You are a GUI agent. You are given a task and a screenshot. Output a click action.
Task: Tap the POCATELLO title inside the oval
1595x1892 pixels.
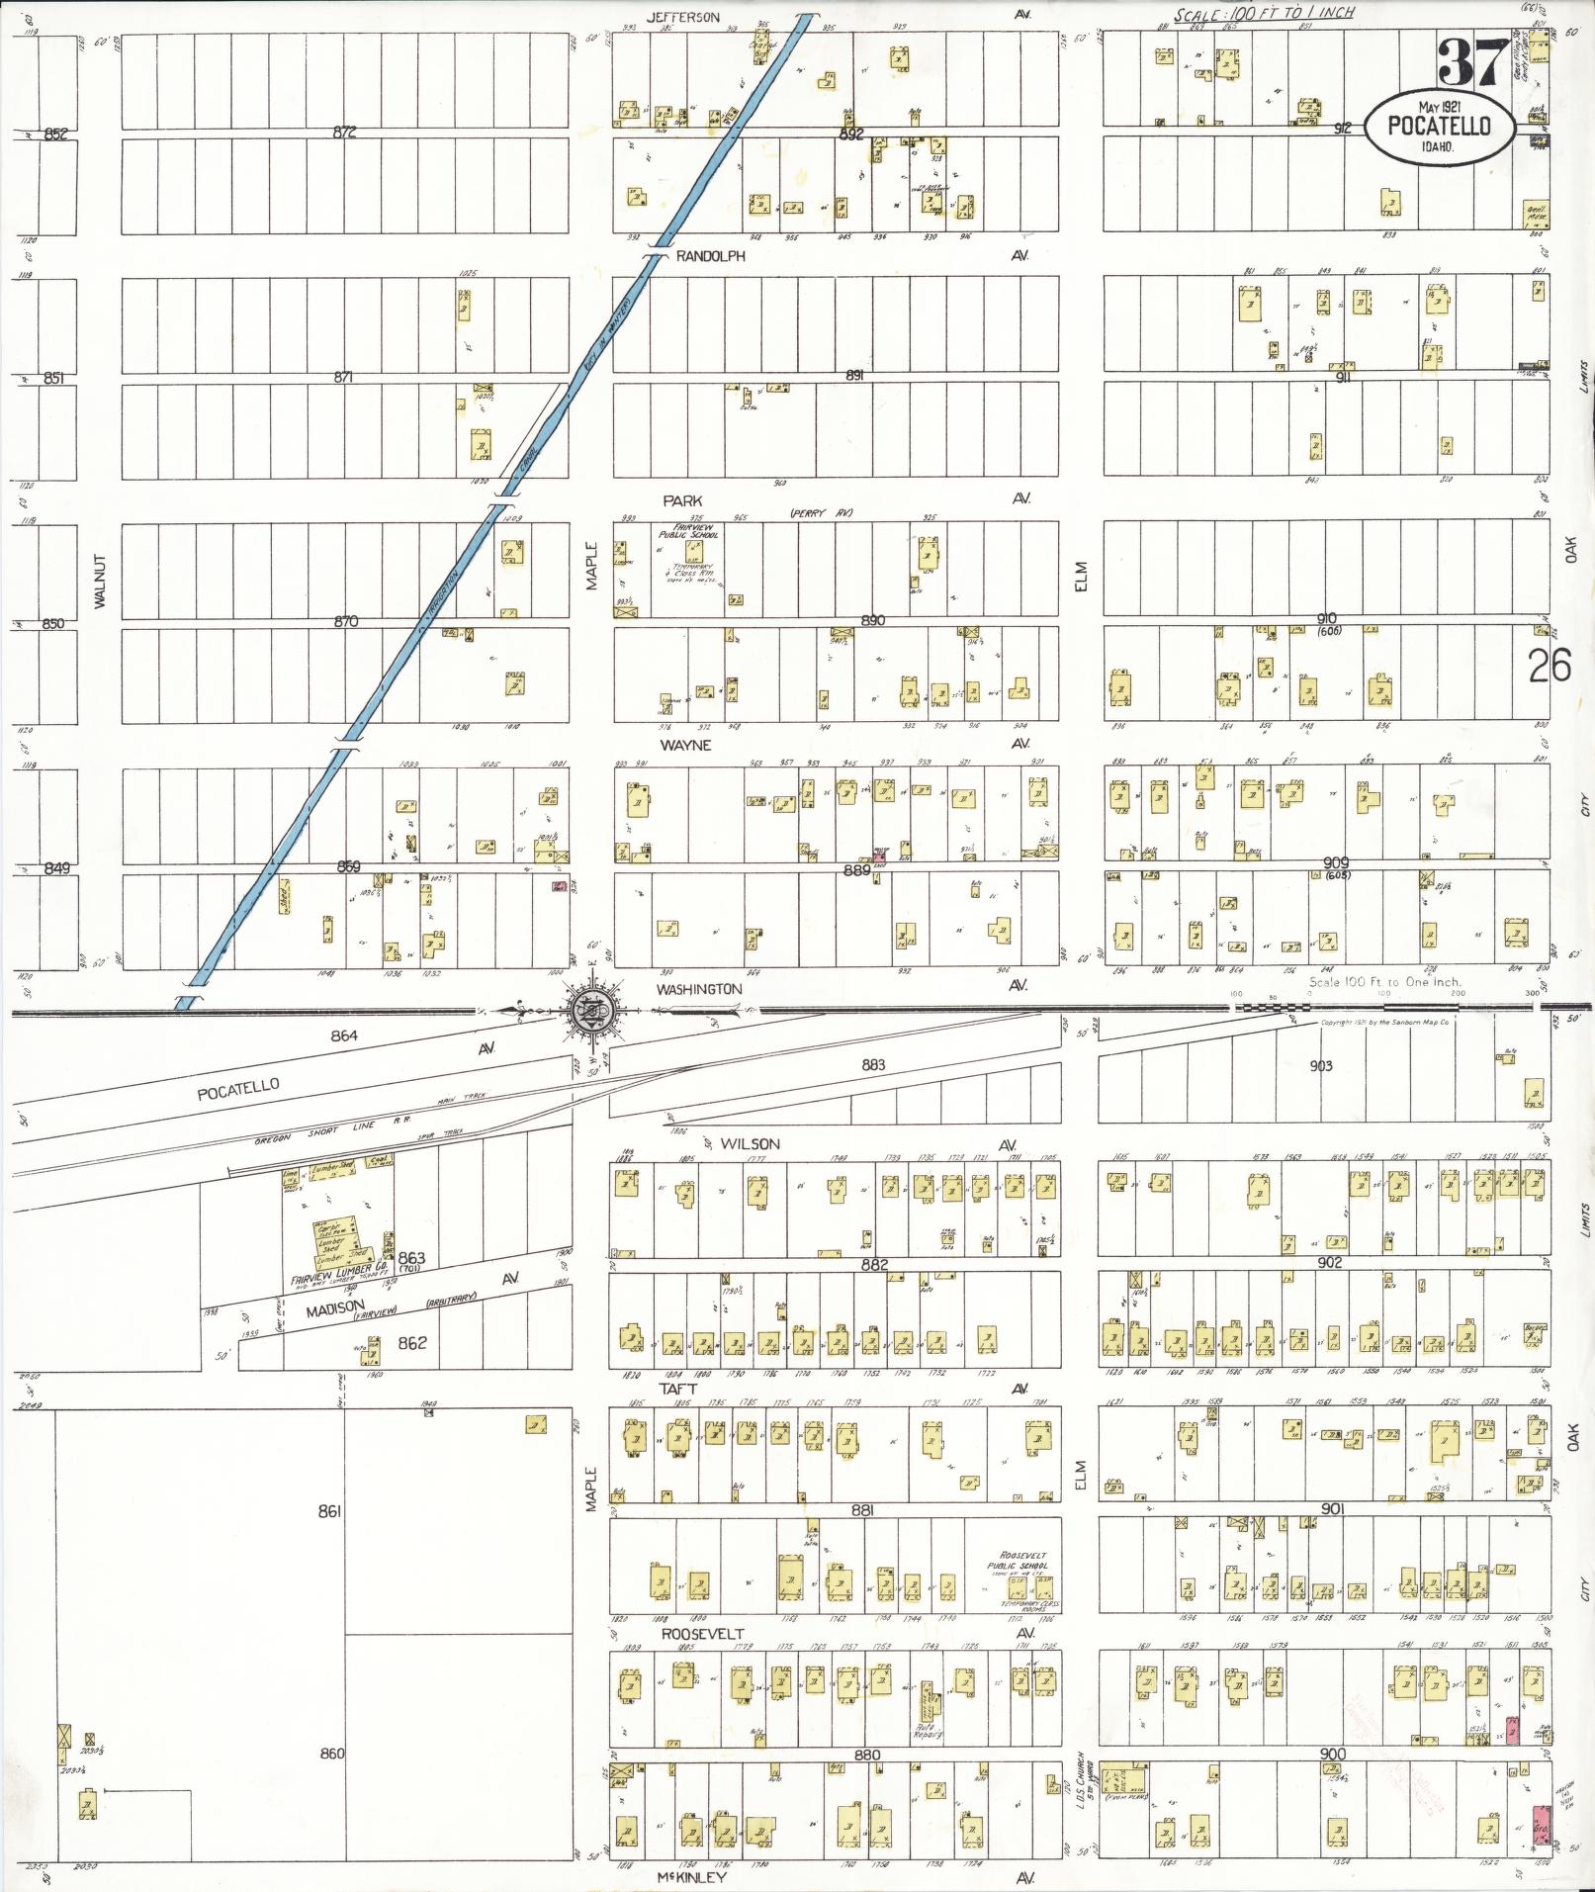(1438, 125)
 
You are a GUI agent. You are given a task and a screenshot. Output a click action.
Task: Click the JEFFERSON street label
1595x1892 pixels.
(683, 17)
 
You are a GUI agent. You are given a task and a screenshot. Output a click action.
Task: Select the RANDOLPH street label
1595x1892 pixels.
(710, 256)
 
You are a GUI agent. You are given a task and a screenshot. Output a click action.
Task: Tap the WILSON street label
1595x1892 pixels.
(750, 1143)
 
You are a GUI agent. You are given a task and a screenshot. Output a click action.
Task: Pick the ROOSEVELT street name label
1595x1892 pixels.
(702, 1633)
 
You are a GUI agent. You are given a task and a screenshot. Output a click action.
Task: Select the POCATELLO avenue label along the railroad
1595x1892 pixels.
(238, 1089)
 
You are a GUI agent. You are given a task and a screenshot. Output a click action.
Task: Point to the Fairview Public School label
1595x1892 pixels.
(689, 531)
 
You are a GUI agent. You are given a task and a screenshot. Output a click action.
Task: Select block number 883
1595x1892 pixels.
(873, 1065)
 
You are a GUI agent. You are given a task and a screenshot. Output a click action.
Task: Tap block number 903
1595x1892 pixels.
(1321, 1065)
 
